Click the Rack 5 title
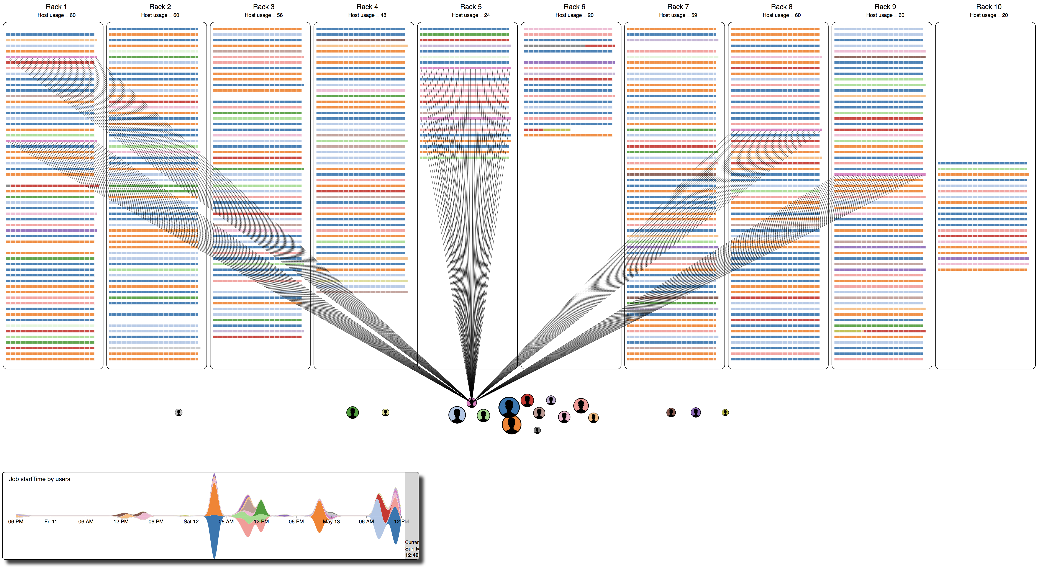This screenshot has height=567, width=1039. (x=471, y=7)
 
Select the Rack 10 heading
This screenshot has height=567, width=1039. (x=989, y=7)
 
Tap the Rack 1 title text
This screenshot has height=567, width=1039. (x=56, y=7)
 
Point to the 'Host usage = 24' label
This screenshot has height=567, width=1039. (x=471, y=15)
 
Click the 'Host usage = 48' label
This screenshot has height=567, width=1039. (x=367, y=15)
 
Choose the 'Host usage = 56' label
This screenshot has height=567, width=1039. (x=263, y=15)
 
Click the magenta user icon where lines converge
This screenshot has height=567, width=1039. (x=472, y=402)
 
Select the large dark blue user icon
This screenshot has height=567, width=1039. (x=509, y=407)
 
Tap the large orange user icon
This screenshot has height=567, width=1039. (x=511, y=425)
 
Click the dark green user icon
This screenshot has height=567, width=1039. (x=352, y=412)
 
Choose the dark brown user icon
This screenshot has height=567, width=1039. (x=671, y=412)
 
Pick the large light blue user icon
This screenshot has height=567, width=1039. (x=457, y=415)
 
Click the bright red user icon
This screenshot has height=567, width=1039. (x=527, y=400)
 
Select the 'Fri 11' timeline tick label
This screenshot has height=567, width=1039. (x=50, y=521)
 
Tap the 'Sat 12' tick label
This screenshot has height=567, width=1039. (x=191, y=521)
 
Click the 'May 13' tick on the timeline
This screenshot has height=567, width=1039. (x=331, y=521)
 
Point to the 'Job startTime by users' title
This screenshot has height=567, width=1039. (x=39, y=479)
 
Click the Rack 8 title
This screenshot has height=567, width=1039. (x=781, y=7)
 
